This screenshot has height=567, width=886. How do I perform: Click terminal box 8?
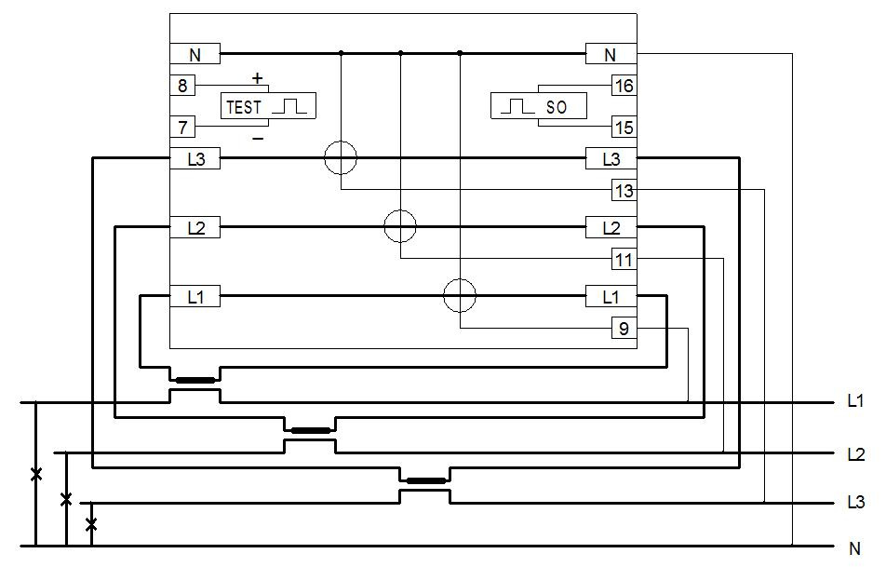[182, 86]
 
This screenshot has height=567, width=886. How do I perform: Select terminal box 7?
[182, 126]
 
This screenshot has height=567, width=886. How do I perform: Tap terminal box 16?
[624, 86]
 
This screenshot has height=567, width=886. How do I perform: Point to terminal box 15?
[624, 126]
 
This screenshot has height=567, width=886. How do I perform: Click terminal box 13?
[624, 191]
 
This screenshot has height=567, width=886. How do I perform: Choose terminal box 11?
[624, 259]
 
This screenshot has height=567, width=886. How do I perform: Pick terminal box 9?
[624, 328]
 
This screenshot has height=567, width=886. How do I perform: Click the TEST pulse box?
[267, 106]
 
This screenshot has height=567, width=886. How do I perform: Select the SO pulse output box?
[540, 106]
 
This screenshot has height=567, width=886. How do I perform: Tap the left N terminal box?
[195, 54]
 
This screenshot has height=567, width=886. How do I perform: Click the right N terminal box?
[611, 54]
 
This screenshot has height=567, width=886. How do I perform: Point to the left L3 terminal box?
[195, 159]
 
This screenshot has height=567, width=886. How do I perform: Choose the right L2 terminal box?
[611, 227]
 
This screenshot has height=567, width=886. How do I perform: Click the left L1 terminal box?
[195, 297]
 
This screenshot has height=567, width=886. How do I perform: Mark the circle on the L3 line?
[341, 159]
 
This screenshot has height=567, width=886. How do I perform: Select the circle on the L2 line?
[400, 226]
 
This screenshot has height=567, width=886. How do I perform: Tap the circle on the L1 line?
[460, 296]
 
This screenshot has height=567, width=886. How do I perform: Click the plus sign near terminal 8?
[258, 79]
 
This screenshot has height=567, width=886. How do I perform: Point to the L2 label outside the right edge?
[856, 455]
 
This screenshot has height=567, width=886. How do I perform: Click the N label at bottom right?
[855, 548]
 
